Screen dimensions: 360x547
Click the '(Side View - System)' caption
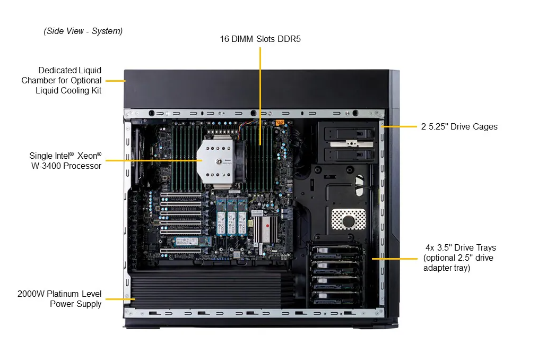(x=83, y=31)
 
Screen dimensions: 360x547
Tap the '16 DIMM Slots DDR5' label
(x=260, y=39)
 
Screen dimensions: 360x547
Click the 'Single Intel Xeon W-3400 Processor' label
(x=65, y=160)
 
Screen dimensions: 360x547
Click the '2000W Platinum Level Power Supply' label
(x=59, y=299)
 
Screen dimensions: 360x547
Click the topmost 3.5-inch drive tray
(x=336, y=254)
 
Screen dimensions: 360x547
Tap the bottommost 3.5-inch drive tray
(x=336, y=298)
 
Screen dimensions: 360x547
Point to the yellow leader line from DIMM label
(x=260, y=96)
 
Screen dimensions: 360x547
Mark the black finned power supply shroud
(x=207, y=289)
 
